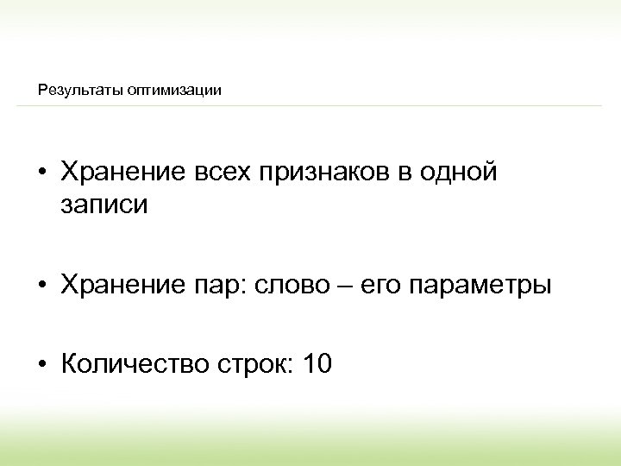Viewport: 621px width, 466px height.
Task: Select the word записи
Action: point(104,205)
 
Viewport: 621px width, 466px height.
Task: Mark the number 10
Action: point(315,364)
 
